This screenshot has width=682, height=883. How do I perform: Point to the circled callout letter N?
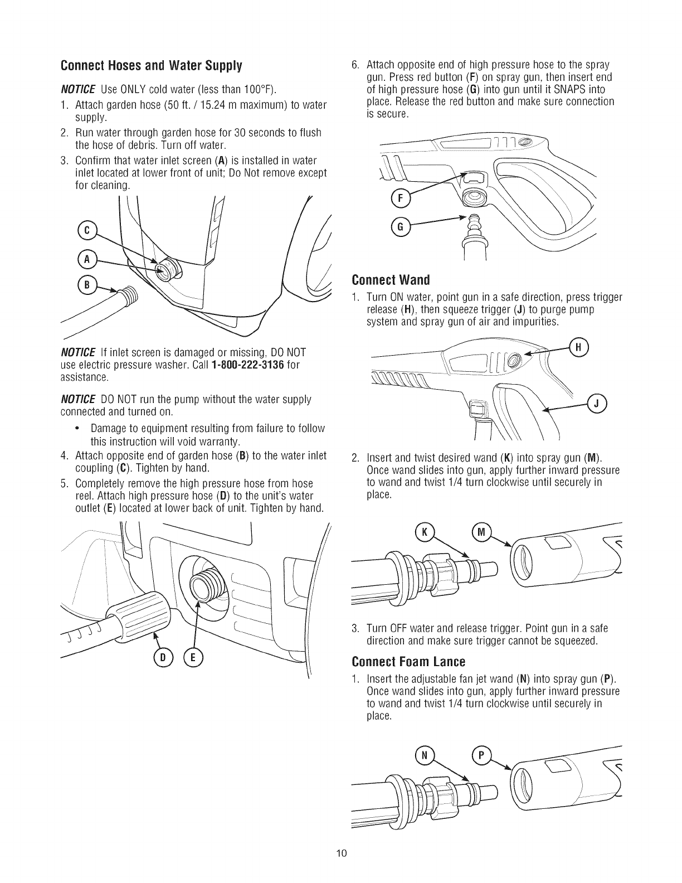[424, 756]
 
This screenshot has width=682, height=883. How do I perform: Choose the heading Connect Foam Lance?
[407, 662]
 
